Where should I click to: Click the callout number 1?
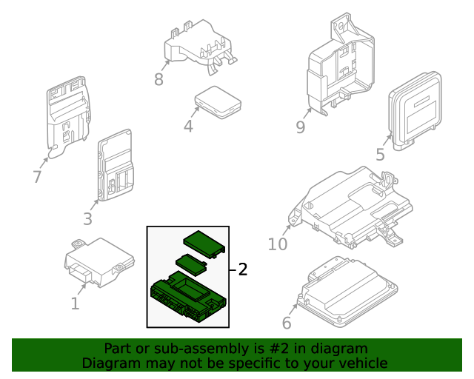pos(75,303)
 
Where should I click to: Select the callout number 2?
pos(242,269)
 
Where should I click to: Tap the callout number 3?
pos(87,218)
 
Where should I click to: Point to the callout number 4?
pos(188,127)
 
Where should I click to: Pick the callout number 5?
pos(380,155)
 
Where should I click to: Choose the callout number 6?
pos(287,323)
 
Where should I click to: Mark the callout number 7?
pos(37,177)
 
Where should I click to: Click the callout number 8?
pos(158,79)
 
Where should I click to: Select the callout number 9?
pos(300,127)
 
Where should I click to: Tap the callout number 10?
pos(277,244)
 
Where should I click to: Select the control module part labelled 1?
pos(100,259)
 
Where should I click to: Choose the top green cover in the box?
pos(204,241)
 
